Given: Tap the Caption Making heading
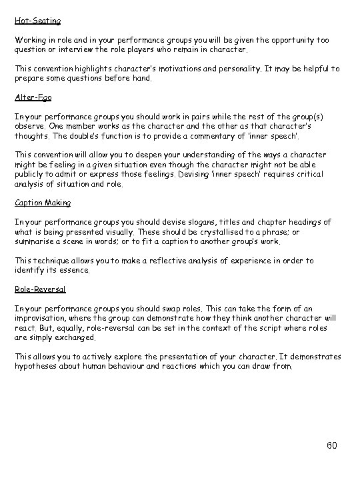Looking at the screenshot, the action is point(43,203).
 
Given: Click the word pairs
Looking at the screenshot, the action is point(183,116).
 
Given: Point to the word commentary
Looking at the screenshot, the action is point(228,135).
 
